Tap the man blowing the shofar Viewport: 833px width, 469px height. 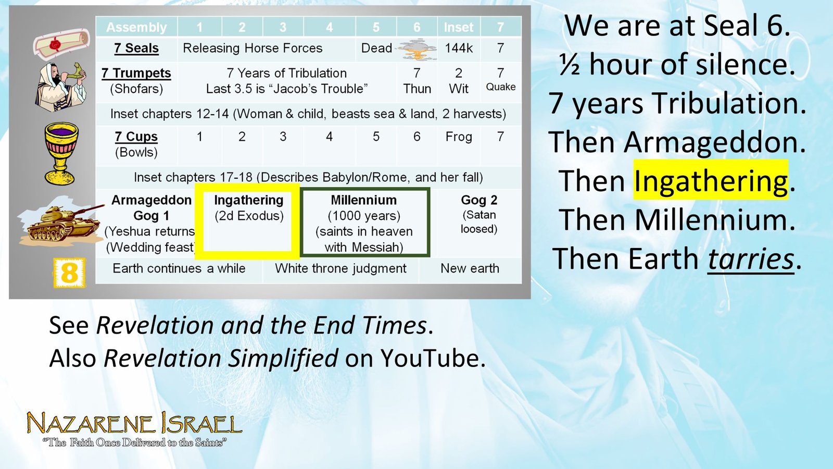(x=60, y=87)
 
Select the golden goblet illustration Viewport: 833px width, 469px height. (x=61, y=153)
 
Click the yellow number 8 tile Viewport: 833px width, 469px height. (x=69, y=273)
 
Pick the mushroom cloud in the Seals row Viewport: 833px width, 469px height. (x=417, y=49)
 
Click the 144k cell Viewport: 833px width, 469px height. (x=459, y=48)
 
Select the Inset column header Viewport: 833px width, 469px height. (x=459, y=27)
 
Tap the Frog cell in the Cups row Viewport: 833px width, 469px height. (x=459, y=137)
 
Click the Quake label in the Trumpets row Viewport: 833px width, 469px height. (x=500, y=87)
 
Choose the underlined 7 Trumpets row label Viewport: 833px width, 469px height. (x=136, y=73)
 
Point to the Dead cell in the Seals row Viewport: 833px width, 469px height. (x=376, y=48)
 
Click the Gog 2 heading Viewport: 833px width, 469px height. (x=479, y=200)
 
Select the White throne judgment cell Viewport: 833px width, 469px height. (x=340, y=268)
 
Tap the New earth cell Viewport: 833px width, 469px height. (x=470, y=268)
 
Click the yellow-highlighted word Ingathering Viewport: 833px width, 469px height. (x=711, y=180)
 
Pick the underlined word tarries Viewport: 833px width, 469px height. (x=750, y=258)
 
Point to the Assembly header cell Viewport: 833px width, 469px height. (x=136, y=27)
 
